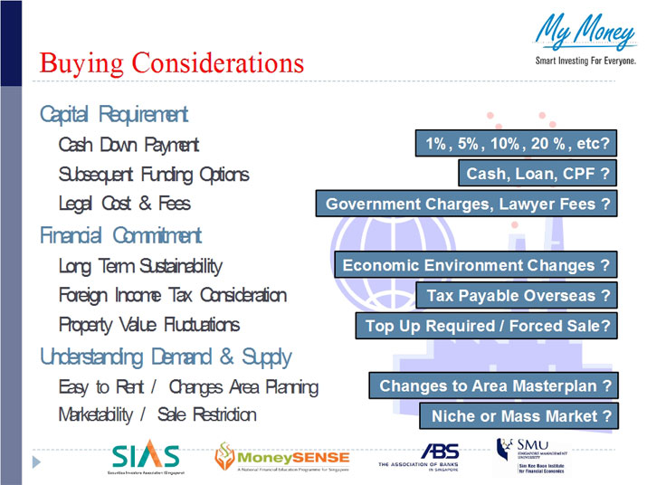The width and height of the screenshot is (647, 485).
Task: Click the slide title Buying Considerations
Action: pyautogui.click(x=172, y=62)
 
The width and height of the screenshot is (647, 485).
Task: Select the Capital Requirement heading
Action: pyautogui.click(x=114, y=114)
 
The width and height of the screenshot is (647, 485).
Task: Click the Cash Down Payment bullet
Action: pyautogui.click(x=128, y=144)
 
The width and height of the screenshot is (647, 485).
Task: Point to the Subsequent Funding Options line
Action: pyautogui.click(x=153, y=174)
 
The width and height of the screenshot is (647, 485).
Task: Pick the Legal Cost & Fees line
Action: pyautogui.click(x=124, y=204)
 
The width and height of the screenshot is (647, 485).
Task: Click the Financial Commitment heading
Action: pyautogui.click(x=120, y=235)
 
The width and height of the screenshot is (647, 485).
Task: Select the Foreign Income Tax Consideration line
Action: pyautogui.click(x=172, y=295)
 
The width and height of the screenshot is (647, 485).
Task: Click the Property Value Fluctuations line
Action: pyautogui.click(x=148, y=324)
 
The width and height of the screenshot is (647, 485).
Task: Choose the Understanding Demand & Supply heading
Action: pyautogui.click(x=165, y=356)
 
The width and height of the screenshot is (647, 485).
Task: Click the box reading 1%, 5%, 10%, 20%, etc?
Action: pyautogui.click(x=516, y=143)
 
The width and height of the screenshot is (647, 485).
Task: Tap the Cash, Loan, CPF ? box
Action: pyautogui.click(x=537, y=174)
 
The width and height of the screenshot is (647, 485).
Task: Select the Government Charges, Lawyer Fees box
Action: pyautogui.click(x=466, y=204)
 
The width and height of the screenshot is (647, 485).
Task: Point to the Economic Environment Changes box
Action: pyautogui.click(x=475, y=265)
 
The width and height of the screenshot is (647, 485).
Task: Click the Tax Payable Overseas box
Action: pyautogui.click(x=517, y=295)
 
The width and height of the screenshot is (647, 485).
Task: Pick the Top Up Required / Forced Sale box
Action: pyautogui.click(x=486, y=326)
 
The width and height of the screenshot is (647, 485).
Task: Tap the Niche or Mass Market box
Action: pyautogui.click(x=518, y=416)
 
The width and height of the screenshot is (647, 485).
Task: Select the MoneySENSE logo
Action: pyautogui.click(x=276, y=457)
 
